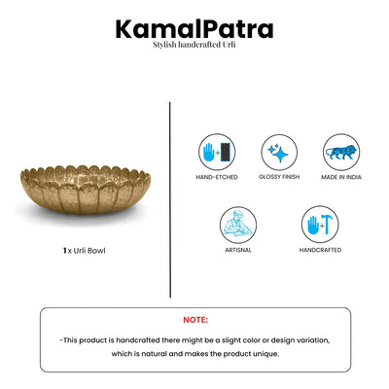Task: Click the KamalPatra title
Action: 194,29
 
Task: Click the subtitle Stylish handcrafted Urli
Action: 194,46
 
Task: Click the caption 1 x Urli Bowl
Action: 85,250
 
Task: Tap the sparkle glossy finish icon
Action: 278,152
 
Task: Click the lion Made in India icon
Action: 341,152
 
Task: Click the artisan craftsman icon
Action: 236,225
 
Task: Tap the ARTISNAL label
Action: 236,249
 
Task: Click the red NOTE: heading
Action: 194,319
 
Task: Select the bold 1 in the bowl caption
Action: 64,250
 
